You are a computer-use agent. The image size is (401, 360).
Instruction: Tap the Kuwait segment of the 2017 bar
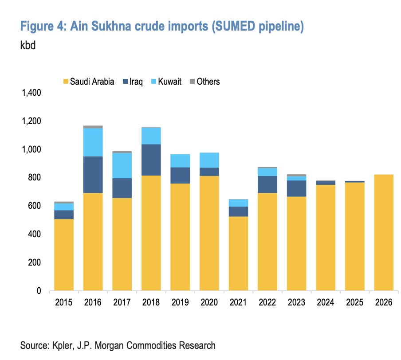click(x=122, y=165)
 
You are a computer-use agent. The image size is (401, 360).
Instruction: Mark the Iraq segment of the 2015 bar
click(x=64, y=215)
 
